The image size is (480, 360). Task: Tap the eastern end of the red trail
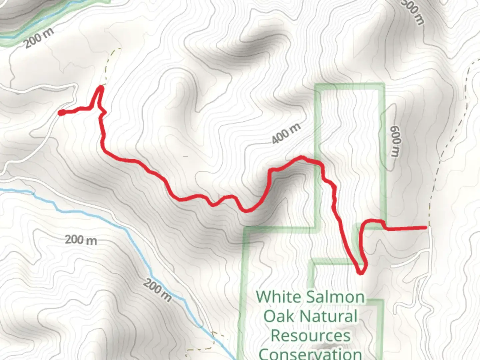(x=426, y=228)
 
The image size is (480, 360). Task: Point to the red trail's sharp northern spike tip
(x=100, y=87)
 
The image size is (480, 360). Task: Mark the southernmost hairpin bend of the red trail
(x=361, y=273)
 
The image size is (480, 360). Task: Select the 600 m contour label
(x=394, y=141)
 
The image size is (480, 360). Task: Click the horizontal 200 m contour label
(x=81, y=240)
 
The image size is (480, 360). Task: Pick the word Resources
(x=310, y=335)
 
